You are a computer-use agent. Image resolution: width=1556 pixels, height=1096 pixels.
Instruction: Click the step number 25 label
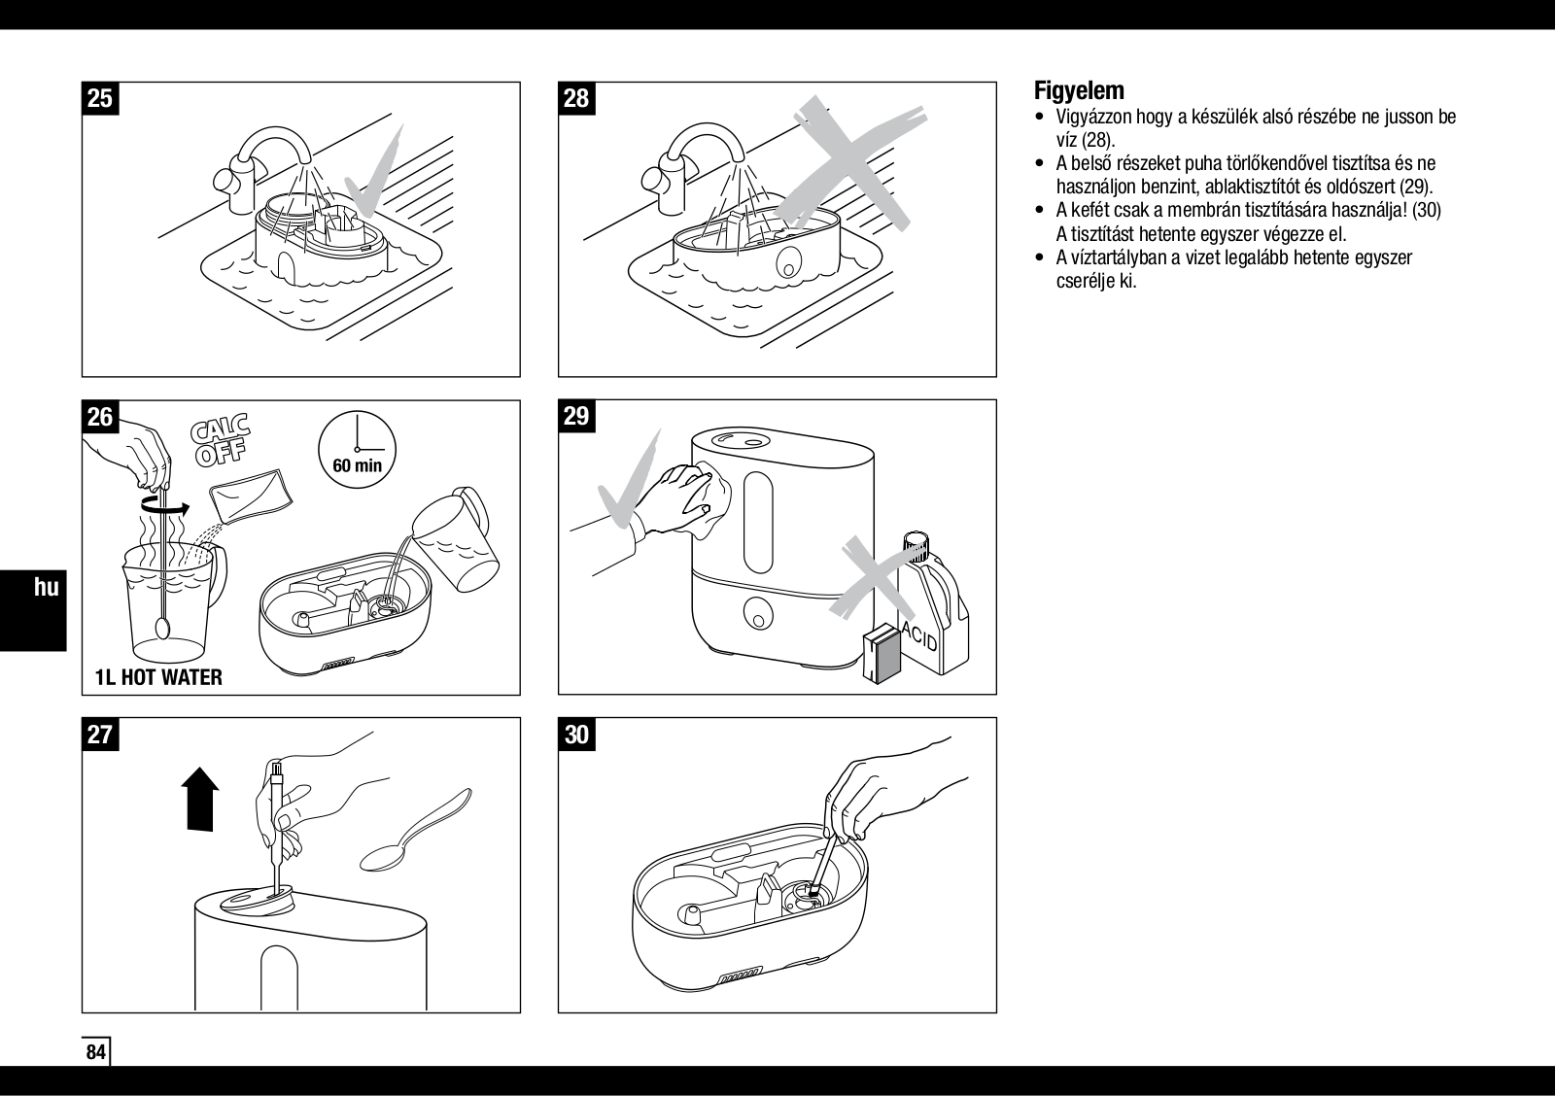tap(100, 99)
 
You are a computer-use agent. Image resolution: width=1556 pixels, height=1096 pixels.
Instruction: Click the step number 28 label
tap(576, 99)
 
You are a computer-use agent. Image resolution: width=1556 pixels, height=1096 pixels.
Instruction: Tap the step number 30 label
tap(576, 735)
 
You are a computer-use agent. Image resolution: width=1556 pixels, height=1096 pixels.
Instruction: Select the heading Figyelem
tap(1079, 91)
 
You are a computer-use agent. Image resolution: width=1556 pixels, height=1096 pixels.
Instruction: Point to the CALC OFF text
tap(222, 440)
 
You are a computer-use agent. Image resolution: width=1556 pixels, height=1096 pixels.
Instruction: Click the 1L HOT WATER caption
tap(158, 677)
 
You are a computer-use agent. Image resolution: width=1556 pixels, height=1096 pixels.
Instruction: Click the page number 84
tap(95, 1052)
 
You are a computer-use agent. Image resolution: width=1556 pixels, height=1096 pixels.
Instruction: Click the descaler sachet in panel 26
tap(252, 495)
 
